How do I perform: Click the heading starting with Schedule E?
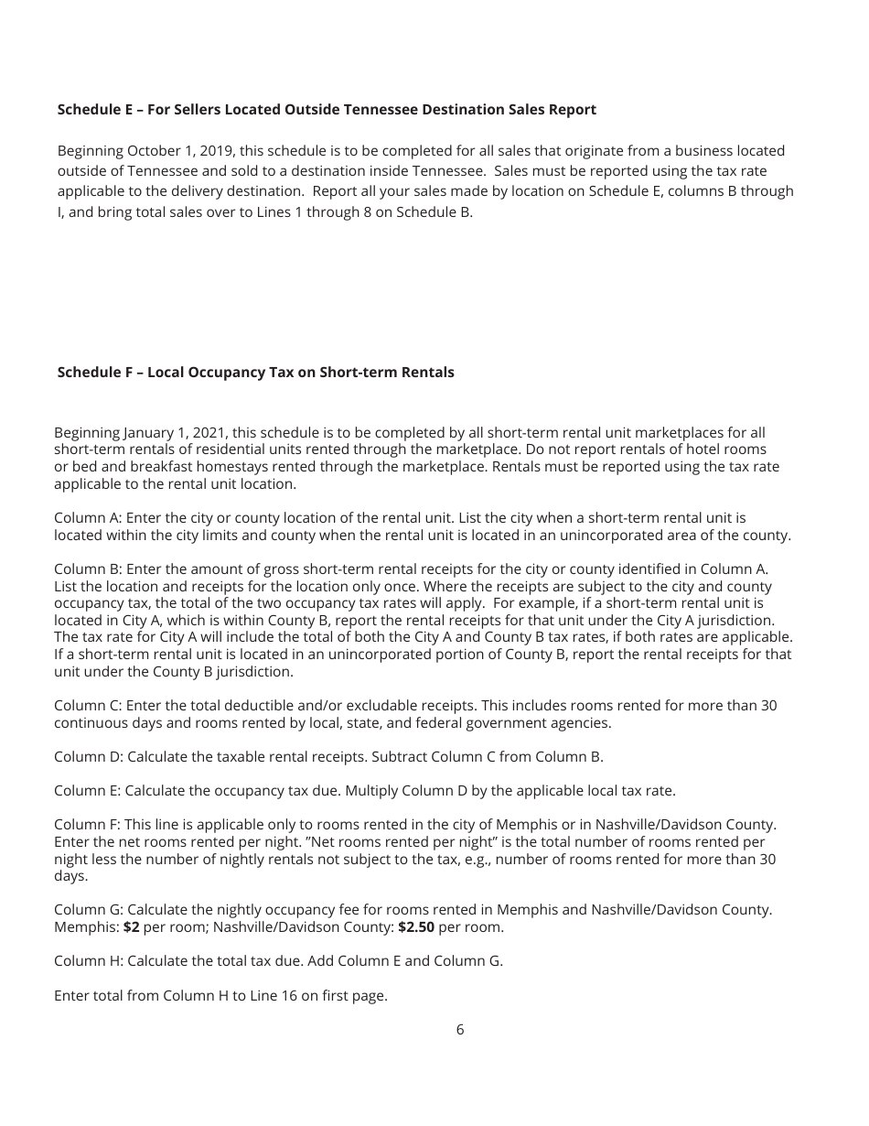327,110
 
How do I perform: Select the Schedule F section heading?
255,373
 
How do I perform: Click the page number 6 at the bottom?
459,1030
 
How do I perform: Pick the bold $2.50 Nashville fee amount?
416,927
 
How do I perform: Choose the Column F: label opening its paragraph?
87,825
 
